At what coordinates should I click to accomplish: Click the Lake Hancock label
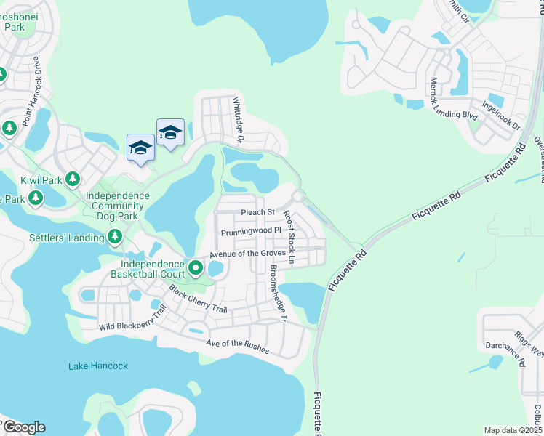tap(98, 366)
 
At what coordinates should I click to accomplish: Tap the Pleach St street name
tap(257, 212)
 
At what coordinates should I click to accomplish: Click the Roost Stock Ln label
tap(289, 237)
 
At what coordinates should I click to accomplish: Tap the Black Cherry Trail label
tap(199, 299)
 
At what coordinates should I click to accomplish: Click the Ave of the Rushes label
tap(237, 347)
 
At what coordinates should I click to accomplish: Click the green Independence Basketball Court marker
tap(196, 269)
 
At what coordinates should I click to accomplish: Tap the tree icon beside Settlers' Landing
tap(115, 236)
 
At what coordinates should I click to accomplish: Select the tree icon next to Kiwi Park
tap(72, 178)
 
